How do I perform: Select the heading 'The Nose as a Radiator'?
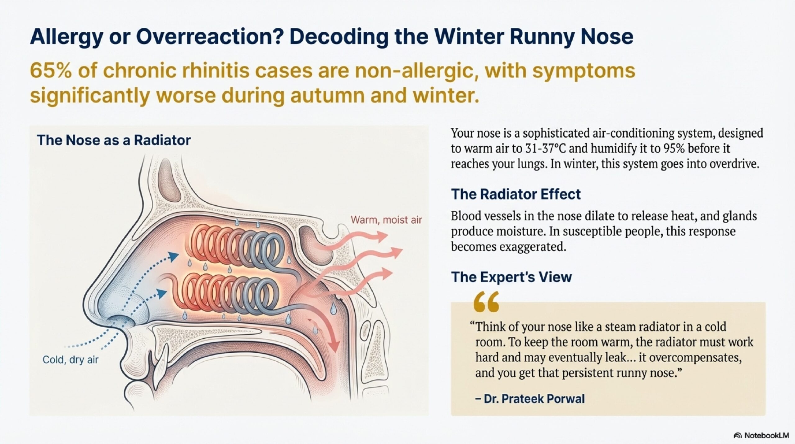tap(114, 140)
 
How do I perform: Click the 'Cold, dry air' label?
tap(70, 359)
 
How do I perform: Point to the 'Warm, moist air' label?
tap(386, 220)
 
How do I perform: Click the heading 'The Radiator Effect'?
tap(516, 194)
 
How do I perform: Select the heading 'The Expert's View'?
tap(511, 277)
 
